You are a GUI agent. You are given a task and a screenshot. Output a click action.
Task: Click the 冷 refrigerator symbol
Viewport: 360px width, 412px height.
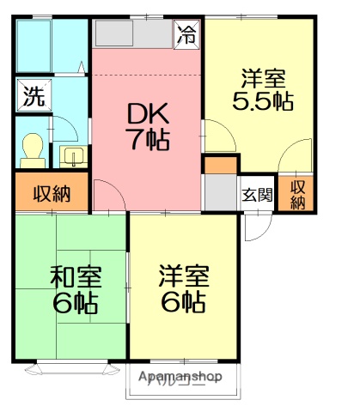186,34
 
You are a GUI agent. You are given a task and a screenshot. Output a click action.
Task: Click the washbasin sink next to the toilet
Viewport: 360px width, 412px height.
73,155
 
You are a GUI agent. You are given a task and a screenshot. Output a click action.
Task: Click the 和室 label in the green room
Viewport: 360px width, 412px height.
75,276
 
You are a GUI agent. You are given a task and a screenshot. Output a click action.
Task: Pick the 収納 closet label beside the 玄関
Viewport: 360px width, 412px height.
297,195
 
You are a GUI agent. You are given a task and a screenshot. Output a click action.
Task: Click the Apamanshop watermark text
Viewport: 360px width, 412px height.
180,377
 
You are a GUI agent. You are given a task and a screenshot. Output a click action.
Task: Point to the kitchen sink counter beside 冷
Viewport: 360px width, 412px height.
133,34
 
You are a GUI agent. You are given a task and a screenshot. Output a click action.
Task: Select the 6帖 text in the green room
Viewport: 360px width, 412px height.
75,303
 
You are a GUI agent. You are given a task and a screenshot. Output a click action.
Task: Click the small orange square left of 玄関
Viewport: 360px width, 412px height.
220,165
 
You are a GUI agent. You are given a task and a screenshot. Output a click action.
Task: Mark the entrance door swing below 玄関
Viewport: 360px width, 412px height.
255,226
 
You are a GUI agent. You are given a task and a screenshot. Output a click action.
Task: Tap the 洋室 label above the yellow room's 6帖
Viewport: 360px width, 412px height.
182,276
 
